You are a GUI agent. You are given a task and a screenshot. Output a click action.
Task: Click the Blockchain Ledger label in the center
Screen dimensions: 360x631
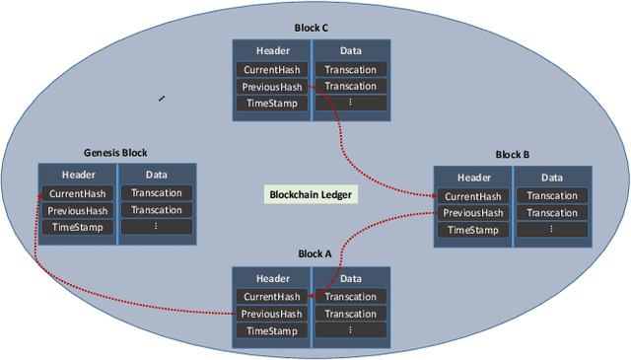[x=311, y=194]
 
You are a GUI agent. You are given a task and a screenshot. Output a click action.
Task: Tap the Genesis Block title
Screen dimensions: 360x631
[x=115, y=153]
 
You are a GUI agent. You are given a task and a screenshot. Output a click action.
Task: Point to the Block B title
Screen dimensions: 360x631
[x=512, y=155]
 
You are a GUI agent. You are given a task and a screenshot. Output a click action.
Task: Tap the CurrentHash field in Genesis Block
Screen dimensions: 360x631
[x=78, y=193]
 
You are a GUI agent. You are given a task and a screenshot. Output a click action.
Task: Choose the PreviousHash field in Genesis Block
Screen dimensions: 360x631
[x=78, y=210]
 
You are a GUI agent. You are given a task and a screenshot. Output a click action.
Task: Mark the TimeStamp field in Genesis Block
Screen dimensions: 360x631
[x=78, y=227]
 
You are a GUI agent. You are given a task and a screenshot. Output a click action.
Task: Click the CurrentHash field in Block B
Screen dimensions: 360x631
[x=473, y=195]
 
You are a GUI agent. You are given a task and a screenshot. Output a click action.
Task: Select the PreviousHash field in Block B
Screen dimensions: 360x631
[x=473, y=212]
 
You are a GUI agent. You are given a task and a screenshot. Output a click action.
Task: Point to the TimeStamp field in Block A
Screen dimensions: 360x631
[x=272, y=331]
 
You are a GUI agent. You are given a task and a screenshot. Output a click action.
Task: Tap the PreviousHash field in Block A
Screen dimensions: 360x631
[x=272, y=315]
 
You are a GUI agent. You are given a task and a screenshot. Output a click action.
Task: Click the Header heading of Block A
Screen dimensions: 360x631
[x=272, y=278]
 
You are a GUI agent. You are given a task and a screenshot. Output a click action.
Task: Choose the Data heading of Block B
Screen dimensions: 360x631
[x=552, y=178]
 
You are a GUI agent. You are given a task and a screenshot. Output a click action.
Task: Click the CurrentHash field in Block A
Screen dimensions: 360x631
[x=272, y=297]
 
